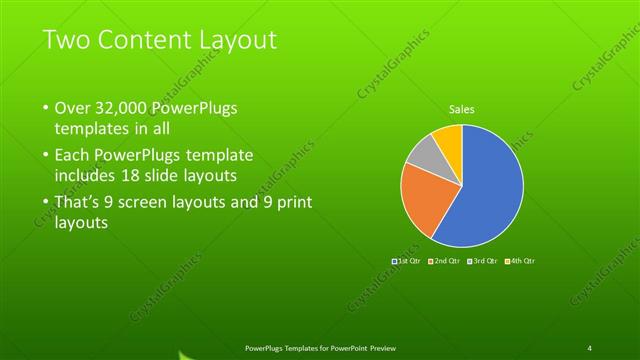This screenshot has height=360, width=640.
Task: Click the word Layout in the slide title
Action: coord(235,40)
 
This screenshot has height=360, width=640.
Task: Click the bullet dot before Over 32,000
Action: coord(45,108)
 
